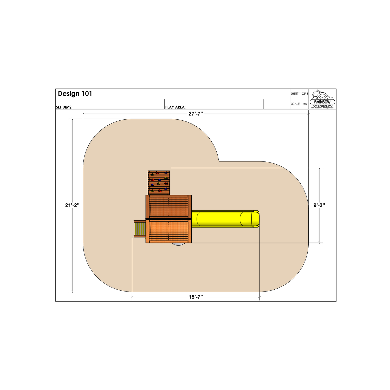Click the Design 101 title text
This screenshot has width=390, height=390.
(75, 94)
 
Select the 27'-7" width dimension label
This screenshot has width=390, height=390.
(196, 114)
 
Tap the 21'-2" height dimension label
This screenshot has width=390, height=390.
(72, 205)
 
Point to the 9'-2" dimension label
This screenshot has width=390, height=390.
(319, 205)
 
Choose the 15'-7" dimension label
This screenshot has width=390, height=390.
(196, 297)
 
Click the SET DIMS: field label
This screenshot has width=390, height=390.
(64, 107)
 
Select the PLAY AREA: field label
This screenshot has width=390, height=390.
(175, 107)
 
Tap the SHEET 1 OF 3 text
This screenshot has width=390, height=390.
(299, 94)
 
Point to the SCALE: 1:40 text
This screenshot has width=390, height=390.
(299, 104)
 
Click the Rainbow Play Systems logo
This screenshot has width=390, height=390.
(322, 99)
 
